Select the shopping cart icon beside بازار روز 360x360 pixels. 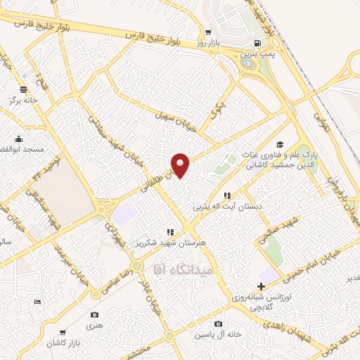click(x=207, y=32)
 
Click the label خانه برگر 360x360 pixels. click(x=22, y=101)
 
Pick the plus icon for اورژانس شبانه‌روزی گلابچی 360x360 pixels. click(x=261, y=286)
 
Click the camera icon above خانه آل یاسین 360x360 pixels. click(x=219, y=323)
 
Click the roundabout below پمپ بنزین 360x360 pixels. click(x=247, y=63)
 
